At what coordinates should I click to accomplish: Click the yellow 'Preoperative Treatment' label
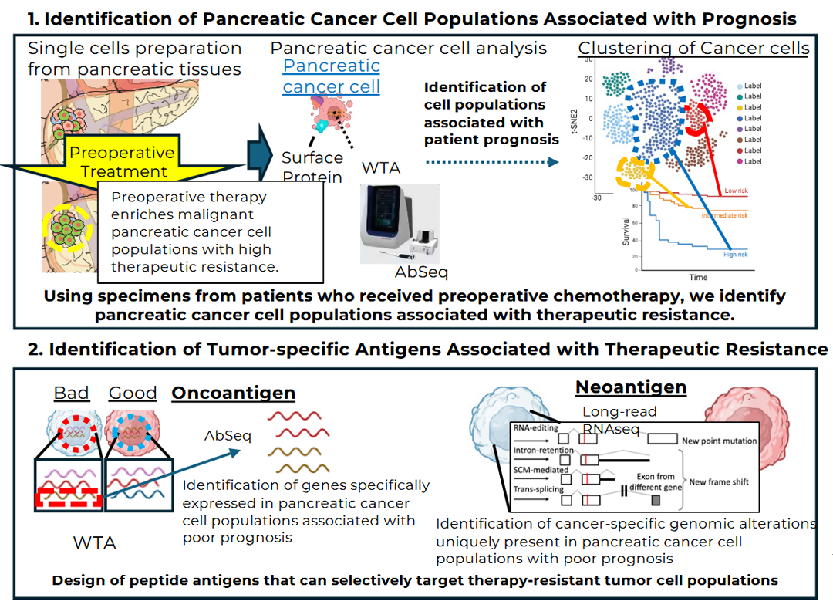coord(123,161)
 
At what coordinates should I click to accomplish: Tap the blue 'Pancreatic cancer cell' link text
coord(331,76)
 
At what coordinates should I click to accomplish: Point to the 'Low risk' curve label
coord(735,191)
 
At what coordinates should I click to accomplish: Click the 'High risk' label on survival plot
coord(734,254)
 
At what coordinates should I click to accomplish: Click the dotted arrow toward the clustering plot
coord(491,162)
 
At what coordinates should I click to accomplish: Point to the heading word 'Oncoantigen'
coord(233,393)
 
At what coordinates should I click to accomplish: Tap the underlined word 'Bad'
coord(71,393)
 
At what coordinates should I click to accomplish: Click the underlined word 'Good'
coord(133,393)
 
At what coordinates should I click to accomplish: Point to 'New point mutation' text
coord(719,441)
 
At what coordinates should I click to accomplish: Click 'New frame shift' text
coord(719,481)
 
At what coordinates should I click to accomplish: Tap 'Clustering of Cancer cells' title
coord(693,48)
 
